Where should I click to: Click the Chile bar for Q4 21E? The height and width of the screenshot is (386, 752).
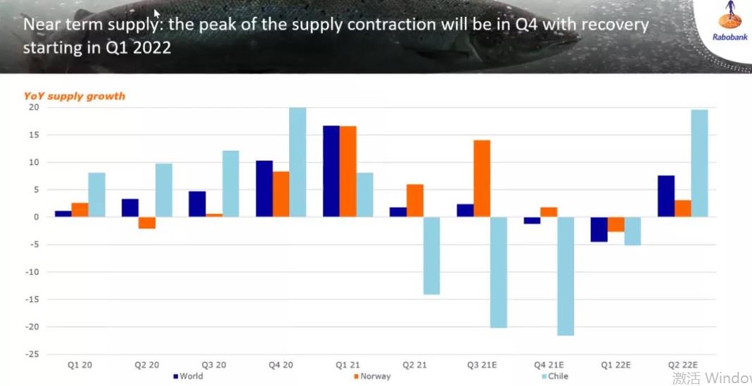coord(566,276)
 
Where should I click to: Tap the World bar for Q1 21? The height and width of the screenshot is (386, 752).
coord(331,171)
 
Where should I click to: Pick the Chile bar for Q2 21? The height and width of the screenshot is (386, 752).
coord(431,255)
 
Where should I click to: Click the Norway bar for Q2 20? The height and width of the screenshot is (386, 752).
coord(147,223)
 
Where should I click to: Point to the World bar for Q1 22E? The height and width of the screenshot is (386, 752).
coord(599,229)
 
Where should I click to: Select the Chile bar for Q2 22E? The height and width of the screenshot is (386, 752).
coord(699,163)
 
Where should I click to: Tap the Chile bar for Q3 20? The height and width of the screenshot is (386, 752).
coord(231,184)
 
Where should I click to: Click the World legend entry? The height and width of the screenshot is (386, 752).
coord(188,376)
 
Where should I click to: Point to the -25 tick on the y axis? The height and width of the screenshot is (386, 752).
coord(32,354)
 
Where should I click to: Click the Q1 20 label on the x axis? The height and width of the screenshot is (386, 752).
coord(79,365)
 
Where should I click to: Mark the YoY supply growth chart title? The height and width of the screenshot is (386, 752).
coord(75,96)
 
